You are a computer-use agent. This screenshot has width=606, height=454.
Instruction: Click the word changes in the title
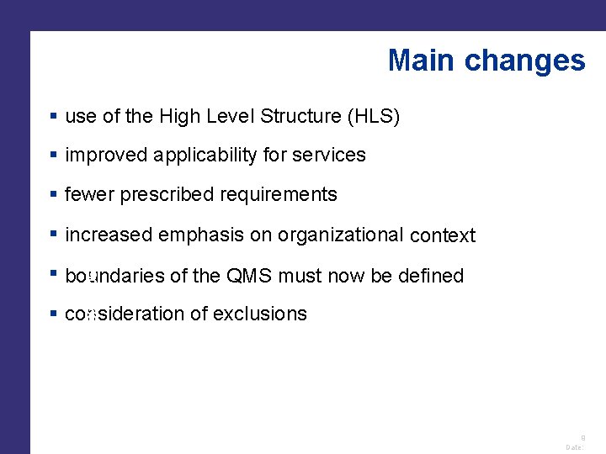coord(524,61)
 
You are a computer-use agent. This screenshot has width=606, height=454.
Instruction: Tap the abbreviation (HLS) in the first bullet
coord(373,117)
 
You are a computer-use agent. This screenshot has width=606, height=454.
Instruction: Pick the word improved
coord(106,156)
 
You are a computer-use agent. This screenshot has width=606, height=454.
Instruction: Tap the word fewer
coord(89,195)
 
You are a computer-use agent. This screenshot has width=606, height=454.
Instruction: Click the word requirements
coord(279,195)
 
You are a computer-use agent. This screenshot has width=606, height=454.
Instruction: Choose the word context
coord(443,236)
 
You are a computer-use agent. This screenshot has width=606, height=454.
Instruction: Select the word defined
coord(431,276)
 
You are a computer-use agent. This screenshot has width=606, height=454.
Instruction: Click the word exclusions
coord(260,314)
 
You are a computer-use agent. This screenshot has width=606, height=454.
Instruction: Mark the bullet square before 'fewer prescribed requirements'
coord(53,194)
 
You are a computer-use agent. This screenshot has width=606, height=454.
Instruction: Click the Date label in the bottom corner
coord(574,447)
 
